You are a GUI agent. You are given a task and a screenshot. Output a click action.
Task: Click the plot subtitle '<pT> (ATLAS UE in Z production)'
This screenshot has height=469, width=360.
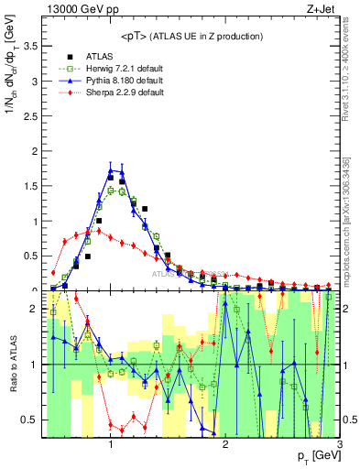coord(191,36)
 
